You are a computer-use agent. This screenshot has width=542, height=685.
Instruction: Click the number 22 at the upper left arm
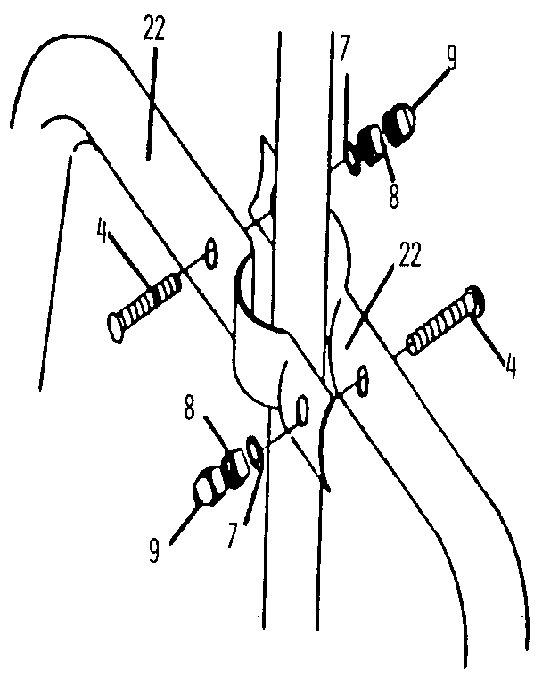tap(154, 29)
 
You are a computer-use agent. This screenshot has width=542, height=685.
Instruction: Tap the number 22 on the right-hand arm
tap(407, 254)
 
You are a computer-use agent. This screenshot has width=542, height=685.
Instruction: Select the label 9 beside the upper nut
tap(451, 56)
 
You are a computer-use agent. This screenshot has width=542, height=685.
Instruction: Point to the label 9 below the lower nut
tap(153, 550)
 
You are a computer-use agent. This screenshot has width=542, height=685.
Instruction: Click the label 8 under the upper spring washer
tap(393, 195)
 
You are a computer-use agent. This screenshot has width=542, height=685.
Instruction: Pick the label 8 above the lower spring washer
tap(189, 408)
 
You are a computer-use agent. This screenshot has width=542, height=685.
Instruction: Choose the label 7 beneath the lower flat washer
tap(233, 535)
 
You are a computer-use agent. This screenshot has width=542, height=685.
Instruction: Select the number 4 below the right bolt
tap(510, 366)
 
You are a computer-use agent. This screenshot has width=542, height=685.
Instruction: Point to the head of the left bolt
tap(115, 327)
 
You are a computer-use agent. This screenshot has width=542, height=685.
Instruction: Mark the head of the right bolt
tap(476, 301)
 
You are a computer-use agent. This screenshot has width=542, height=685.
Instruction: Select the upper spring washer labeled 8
tap(371, 145)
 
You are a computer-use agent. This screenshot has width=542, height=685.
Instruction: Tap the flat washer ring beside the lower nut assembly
tap(255, 450)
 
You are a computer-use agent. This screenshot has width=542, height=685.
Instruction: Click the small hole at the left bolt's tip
tap(211, 254)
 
